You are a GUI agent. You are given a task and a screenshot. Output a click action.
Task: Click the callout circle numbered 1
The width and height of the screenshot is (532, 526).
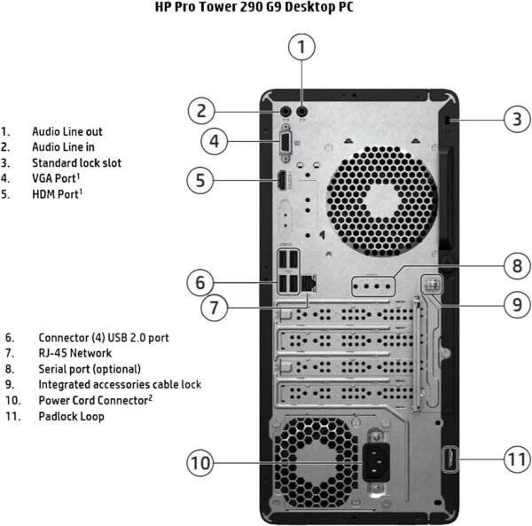pyautogui.click(x=302, y=46)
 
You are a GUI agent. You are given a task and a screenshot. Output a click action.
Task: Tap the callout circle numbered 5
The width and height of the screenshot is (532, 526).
pyautogui.click(x=202, y=180)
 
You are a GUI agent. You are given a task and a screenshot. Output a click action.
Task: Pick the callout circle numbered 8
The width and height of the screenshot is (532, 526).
pyautogui.click(x=516, y=264)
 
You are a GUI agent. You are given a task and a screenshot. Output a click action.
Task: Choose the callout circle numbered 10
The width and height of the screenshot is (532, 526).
pyautogui.click(x=202, y=463)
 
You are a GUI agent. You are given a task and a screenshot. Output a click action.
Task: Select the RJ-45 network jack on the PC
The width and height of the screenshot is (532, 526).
pyautogui.click(x=309, y=282)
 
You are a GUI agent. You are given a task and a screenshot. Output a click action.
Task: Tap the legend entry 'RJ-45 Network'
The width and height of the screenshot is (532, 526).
pyautogui.click(x=74, y=353)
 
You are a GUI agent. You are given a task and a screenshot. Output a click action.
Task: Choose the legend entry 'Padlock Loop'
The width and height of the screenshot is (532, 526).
pyautogui.click(x=71, y=416)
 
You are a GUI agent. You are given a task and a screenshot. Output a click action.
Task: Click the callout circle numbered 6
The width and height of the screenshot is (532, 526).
pyautogui.click(x=202, y=283)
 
